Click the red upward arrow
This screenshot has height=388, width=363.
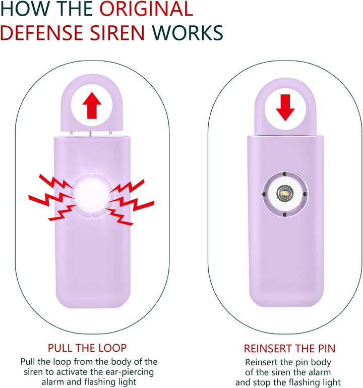click(92, 105)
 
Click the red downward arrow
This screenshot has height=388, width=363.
click(285, 107)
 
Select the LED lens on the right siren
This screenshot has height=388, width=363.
click(285, 193)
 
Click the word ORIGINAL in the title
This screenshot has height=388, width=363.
click(146, 9)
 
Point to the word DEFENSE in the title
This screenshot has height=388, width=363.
click(41, 33)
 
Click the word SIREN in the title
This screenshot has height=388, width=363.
click(117, 33)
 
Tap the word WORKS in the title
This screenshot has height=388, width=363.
click(187, 33)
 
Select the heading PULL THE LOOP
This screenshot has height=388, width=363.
click(87, 348)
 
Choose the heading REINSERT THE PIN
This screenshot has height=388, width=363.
click(289, 349)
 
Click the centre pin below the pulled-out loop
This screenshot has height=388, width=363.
click(91, 134)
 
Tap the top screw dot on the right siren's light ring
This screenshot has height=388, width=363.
click(285, 174)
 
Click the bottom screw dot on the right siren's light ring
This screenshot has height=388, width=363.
click(285, 214)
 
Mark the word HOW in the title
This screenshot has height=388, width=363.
click(25, 9)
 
